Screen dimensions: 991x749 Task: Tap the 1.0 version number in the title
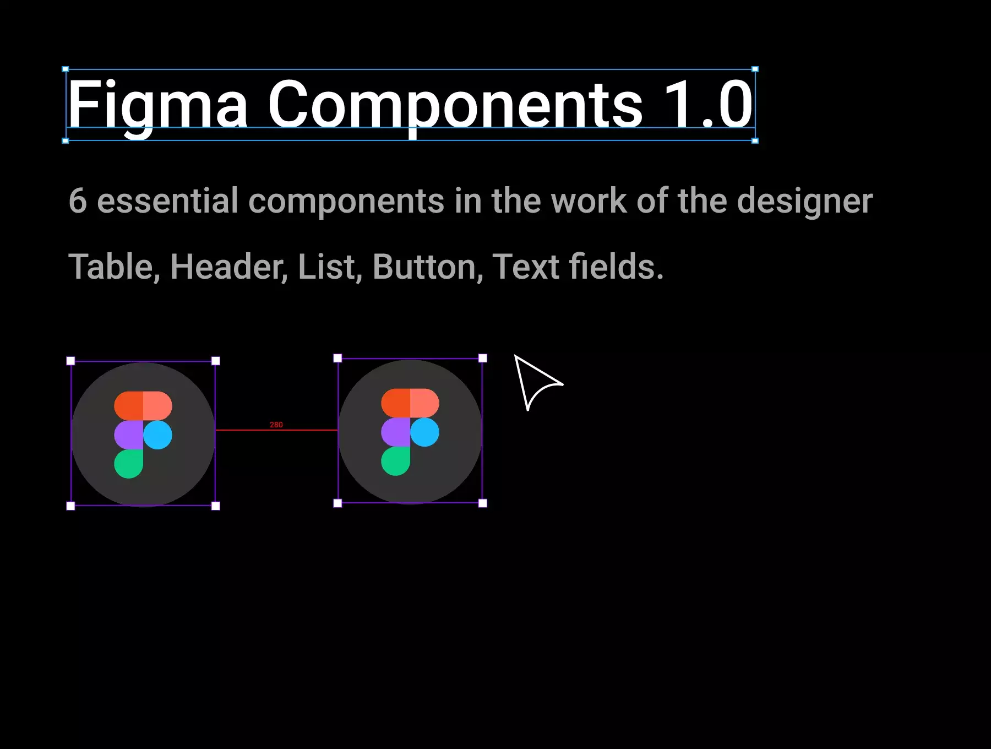click(708, 104)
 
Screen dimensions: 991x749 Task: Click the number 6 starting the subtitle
click(78, 200)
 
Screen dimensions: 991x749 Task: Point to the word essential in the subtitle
click(168, 200)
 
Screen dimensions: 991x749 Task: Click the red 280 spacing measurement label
click(276, 425)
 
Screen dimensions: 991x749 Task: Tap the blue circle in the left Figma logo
click(157, 435)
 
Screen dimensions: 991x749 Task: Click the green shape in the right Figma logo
click(396, 461)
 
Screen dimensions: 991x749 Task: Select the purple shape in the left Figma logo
click(129, 435)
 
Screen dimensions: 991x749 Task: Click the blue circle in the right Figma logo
click(424, 432)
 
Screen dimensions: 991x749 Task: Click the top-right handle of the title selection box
click(755, 69)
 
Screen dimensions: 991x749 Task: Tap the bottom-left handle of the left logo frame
click(70, 506)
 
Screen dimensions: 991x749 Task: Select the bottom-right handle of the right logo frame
click(483, 503)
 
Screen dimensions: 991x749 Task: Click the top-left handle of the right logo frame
click(337, 359)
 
